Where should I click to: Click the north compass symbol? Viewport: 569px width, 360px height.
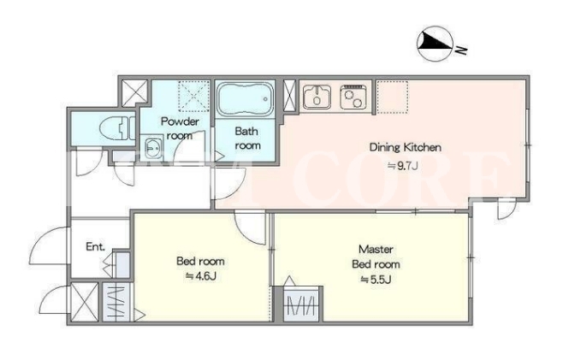click(435, 44)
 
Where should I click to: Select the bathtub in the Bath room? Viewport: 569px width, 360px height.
click(245, 98)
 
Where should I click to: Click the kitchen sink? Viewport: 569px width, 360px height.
click(317, 97)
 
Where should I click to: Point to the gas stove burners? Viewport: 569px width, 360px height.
click(353, 97)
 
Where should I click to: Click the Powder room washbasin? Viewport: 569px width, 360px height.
click(152, 147)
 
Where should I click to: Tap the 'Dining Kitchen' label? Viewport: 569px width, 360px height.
click(405, 147)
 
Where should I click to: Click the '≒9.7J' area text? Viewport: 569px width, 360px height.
click(403, 166)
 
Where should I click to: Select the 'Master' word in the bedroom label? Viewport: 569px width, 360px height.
click(376, 249)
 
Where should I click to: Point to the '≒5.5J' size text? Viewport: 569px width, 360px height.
click(376, 280)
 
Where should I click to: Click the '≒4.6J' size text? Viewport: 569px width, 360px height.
click(201, 276)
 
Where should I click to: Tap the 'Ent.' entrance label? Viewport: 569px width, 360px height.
click(96, 247)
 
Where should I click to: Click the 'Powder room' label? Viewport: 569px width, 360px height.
click(180, 128)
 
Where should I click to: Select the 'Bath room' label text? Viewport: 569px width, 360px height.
click(247, 139)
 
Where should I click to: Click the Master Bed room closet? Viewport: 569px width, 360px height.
click(301, 304)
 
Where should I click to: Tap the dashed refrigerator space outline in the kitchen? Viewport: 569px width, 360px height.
click(392, 97)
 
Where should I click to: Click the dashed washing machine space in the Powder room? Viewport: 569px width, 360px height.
click(193, 96)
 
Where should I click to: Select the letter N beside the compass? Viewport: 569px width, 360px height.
click(461, 50)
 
